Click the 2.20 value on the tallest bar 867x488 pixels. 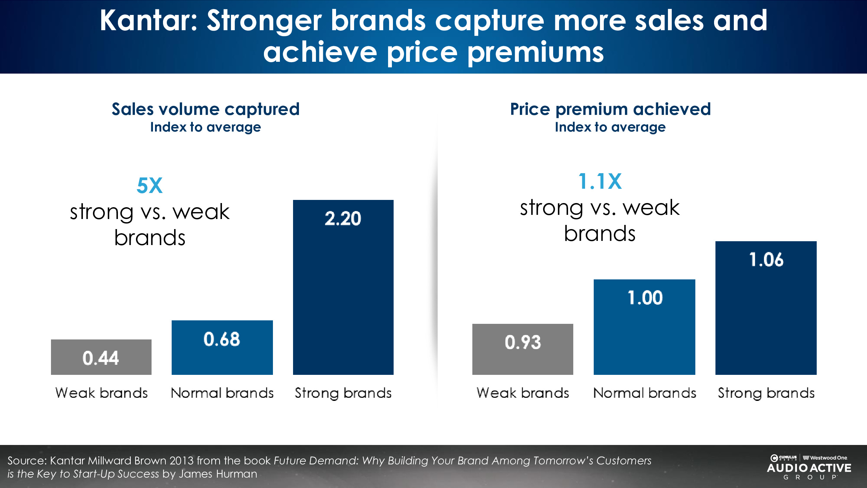(343, 219)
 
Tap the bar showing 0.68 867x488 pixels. (222, 347)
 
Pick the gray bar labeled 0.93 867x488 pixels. (522, 349)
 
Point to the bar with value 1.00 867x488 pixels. (644, 327)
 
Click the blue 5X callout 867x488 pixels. (149, 185)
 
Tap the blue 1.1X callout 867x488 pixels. (600, 181)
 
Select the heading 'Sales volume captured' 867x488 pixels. (205, 109)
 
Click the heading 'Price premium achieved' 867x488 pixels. (610, 109)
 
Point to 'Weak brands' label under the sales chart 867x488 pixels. (101, 393)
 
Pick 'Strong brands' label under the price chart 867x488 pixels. (766, 393)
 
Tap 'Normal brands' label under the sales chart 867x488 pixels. (222, 393)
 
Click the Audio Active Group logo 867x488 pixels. (809, 468)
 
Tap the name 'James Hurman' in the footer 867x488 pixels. (218, 474)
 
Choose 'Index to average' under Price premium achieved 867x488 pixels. (610, 127)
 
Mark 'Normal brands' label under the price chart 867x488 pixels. (644, 393)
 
